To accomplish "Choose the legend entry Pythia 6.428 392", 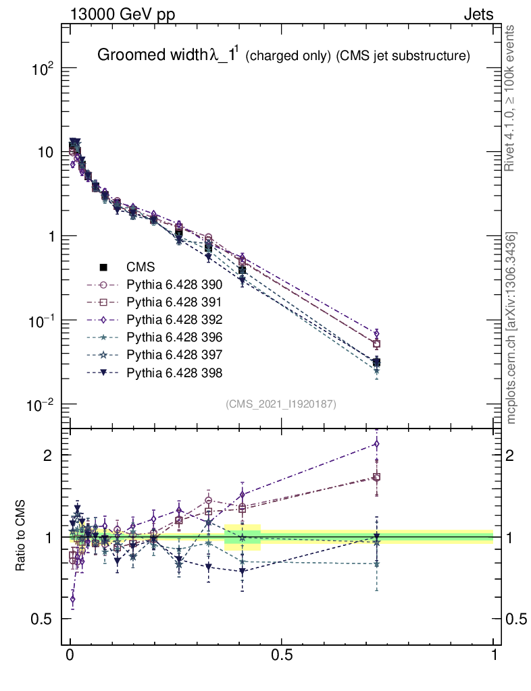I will (x=175, y=320).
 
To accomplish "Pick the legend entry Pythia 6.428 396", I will (x=175, y=337).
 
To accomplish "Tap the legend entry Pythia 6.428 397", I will (x=175, y=355).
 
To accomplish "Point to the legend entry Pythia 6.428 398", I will (x=175, y=372).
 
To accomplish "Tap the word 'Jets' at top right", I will (x=478, y=14).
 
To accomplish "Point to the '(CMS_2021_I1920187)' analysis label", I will (x=281, y=404).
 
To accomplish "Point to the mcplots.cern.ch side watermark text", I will (x=512, y=328).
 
